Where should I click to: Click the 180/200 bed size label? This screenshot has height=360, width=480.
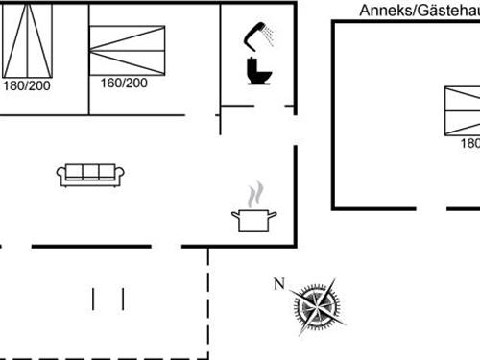[26, 85]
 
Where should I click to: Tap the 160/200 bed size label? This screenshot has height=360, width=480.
[123, 83]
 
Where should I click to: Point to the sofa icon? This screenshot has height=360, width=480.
[91, 174]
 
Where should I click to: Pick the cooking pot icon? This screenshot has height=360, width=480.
[253, 220]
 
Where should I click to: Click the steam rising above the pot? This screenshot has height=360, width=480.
[254, 195]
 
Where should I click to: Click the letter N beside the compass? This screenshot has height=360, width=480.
[279, 282]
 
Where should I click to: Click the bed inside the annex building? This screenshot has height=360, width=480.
[462, 110]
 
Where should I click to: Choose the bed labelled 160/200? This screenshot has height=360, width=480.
[127, 49]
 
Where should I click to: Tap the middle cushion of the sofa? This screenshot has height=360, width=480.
[91, 172]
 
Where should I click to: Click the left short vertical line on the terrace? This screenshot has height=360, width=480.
[93, 298]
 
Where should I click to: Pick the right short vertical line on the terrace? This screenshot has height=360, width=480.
[123, 298]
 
